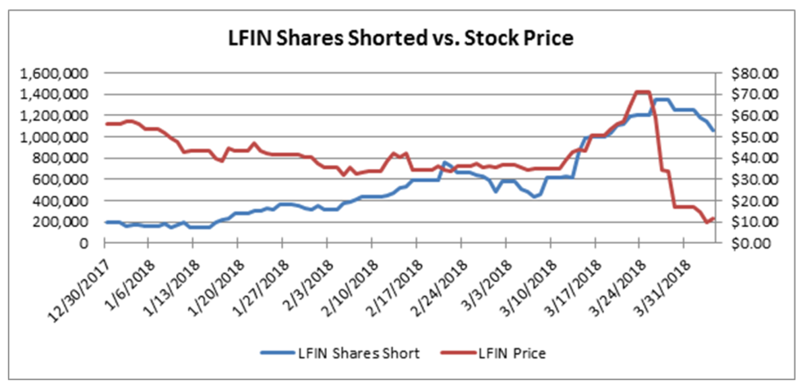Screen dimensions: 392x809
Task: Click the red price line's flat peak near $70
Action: (642, 92)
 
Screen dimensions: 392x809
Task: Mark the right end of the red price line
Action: (715, 218)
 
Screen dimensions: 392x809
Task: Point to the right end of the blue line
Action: (715, 131)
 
